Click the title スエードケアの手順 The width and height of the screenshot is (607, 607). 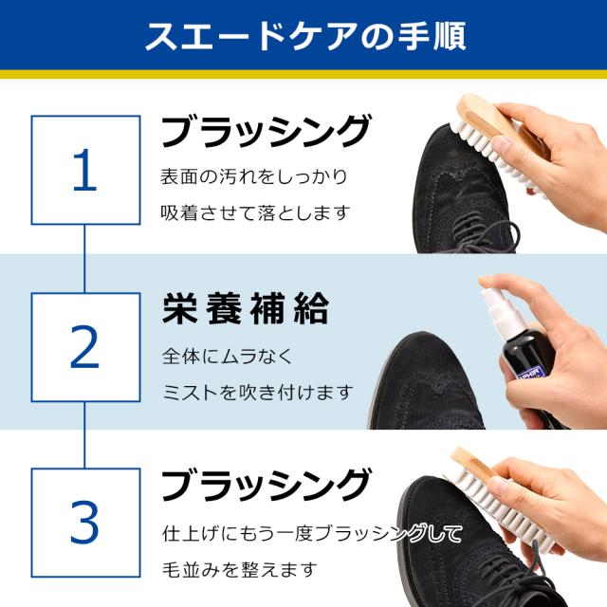coord(303,35)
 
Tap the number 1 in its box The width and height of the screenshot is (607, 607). coord(85,171)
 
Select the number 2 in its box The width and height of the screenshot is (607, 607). coord(85,346)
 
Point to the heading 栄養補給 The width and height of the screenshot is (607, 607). coord(245,308)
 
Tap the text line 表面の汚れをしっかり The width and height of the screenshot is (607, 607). coord(254,176)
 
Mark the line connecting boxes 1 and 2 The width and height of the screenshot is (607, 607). coord(85,258)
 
